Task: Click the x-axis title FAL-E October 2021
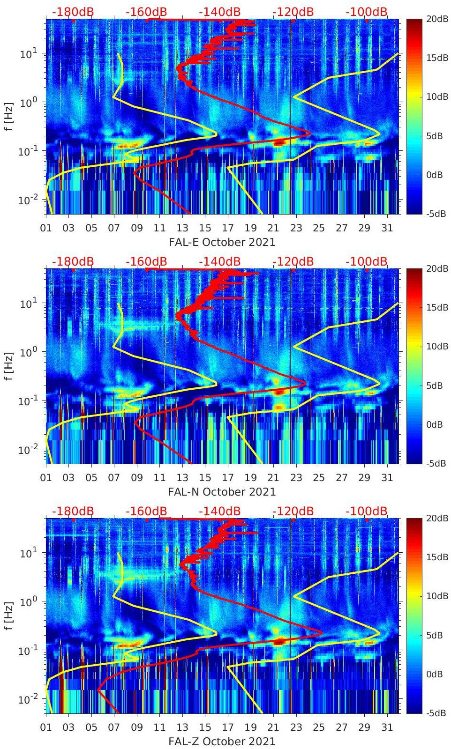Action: coord(222,242)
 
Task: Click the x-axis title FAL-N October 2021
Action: coord(222,492)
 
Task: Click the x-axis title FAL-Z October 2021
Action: coord(222,742)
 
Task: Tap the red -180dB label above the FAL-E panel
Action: coord(73,12)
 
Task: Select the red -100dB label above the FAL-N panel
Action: coord(367,261)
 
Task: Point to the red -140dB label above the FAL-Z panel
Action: coord(219,511)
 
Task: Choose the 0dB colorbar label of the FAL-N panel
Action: coord(434,425)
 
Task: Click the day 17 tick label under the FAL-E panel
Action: coord(228,228)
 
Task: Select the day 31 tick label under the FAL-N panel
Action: coord(387,478)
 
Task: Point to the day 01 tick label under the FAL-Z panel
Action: coord(46,727)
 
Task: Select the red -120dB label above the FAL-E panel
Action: coord(293,12)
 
